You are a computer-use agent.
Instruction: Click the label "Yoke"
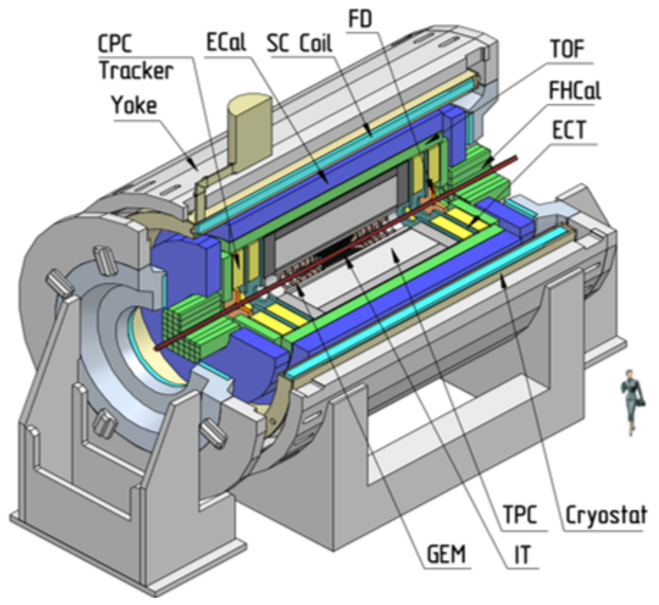135,106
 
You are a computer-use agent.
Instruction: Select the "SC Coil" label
299,44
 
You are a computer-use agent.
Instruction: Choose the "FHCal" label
574,93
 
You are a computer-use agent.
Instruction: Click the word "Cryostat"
606,514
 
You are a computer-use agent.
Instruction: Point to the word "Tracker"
136,71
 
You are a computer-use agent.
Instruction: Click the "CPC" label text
118,44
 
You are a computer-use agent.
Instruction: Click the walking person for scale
633,401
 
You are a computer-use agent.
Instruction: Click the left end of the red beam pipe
159,348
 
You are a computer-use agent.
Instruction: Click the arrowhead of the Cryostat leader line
505,281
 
